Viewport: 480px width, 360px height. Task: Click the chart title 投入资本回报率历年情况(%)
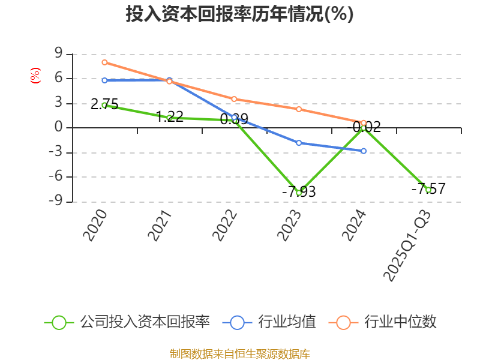click(239, 14)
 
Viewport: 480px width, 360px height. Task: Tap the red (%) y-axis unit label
click(35, 76)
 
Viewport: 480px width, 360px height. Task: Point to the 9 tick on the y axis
click(59, 53)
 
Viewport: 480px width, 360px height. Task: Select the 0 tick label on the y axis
click(59, 128)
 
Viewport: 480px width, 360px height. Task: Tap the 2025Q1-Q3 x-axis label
click(407, 245)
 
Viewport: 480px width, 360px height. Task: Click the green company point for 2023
click(299, 193)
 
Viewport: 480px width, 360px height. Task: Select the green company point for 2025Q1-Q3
click(428, 190)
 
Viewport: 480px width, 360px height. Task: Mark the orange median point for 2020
click(104, 62)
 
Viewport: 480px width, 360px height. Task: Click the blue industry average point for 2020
click(104, 80)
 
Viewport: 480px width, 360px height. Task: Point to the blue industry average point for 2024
click(364, 151)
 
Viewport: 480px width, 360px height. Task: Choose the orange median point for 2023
click(299, 109)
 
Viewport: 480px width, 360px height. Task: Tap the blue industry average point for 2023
click(299, 143)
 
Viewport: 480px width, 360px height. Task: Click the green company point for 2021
click(169, 118)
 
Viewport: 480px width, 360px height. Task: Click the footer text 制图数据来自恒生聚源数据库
click(239, 354)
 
